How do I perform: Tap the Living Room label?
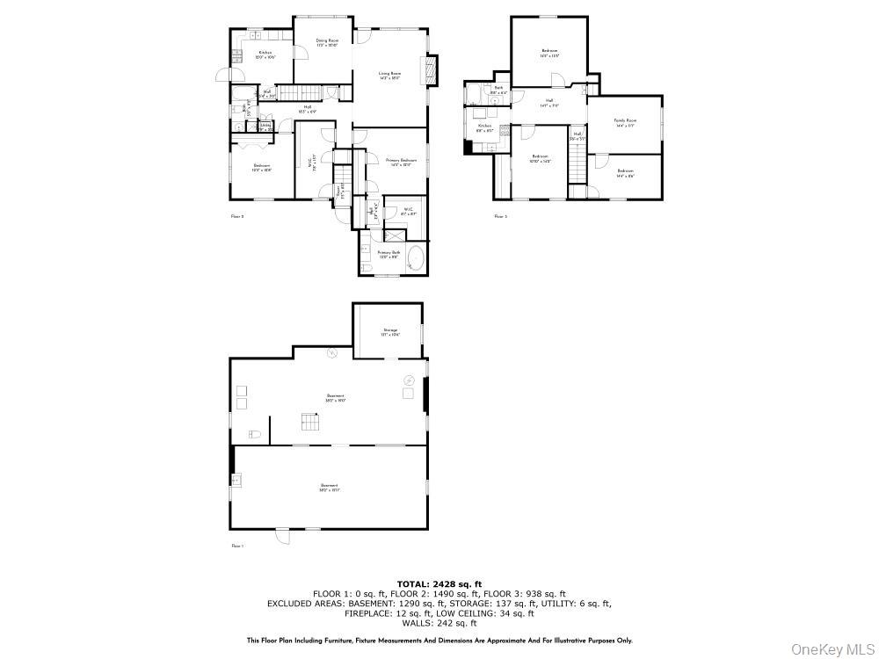tap(390, 76)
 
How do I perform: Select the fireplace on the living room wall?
tap(430, 70)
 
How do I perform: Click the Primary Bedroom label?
tap(402, 163)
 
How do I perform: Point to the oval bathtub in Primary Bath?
tap(416, 260)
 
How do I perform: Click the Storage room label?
tap(390, 332)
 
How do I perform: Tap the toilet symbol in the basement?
tap(254, 434)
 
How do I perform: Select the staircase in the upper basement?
tap(309, 423)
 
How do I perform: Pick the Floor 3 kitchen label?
tap(483, 128)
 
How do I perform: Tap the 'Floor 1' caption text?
tap(236, 546)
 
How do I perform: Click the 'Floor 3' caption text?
tap(500, 216)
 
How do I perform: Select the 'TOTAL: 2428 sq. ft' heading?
tap(439, 583)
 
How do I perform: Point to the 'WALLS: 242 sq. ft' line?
tap(439, 623)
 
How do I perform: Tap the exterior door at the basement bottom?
tap(283, 534)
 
